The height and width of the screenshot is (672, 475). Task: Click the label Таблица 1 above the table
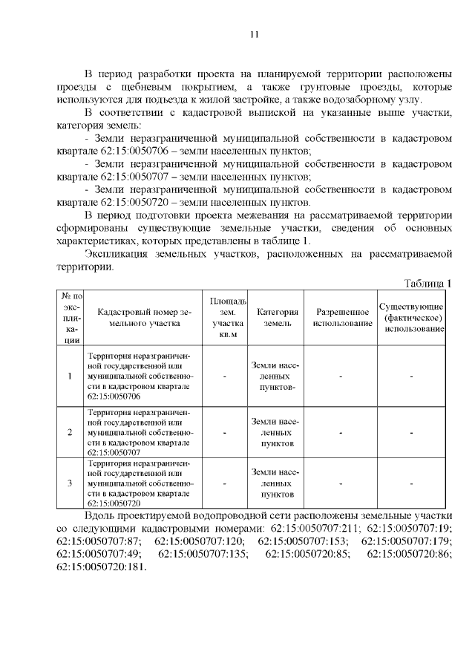click(427, 284)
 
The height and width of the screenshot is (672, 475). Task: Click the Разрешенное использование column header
click(341, 318)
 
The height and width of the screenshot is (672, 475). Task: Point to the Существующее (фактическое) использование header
click(411, 318)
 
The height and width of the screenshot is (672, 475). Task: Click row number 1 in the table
click(70, 376)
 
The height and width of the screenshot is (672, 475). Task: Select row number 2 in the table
click(70, 431)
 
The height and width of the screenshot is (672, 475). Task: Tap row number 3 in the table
click(70, 483)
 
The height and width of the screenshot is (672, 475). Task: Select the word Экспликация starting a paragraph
click(117, 254)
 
